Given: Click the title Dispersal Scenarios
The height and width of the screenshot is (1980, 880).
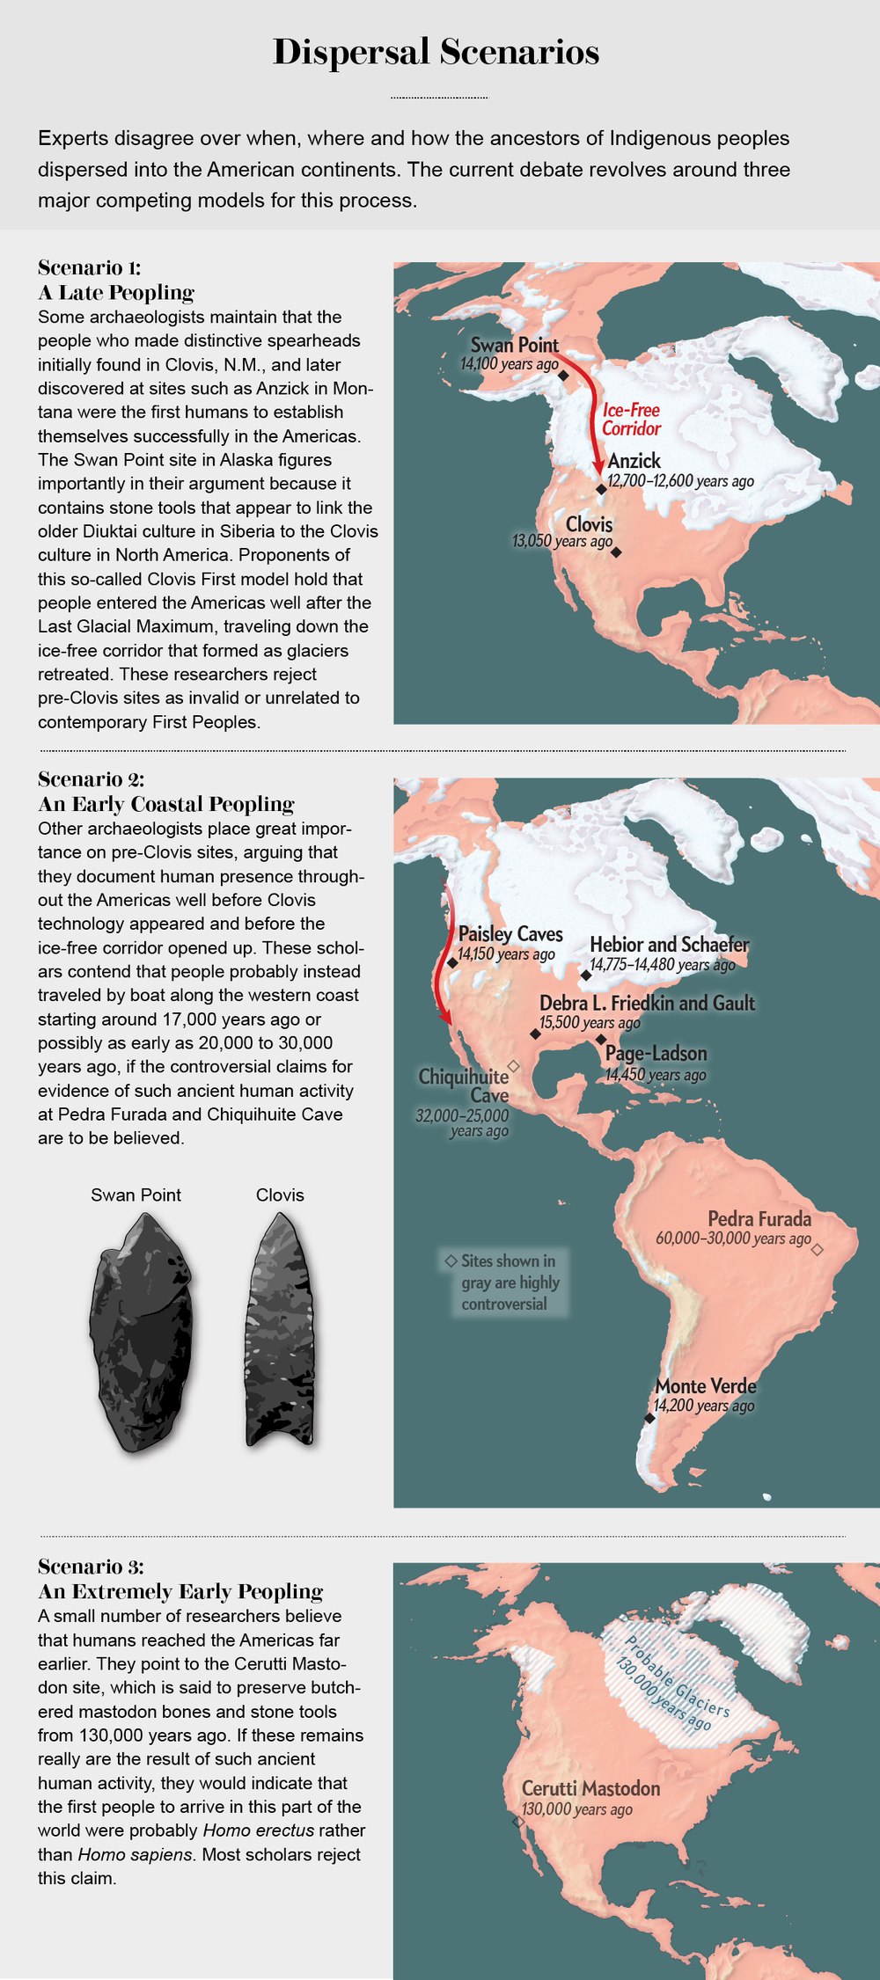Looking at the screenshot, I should [x=436, y=53].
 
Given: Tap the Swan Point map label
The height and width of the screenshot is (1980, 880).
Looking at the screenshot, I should [x=514, y=345].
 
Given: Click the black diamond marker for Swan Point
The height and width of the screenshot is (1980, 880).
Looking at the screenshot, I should [x=563, y=376].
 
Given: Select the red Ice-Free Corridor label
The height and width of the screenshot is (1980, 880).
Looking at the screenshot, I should [x=631, y=420].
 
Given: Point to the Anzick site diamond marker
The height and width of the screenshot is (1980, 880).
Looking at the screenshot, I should [x=601, y=489].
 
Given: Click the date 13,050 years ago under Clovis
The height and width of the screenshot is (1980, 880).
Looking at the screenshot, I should [x=561, y=541].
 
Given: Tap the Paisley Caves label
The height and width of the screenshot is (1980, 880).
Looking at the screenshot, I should [x=510, y=934].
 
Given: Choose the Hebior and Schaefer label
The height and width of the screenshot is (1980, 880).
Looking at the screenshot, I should [x=669, y=945].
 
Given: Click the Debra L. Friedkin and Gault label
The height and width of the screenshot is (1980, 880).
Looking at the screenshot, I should [x=647, y=1003].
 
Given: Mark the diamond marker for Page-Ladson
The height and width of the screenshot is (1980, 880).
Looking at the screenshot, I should [x=601, y=1039].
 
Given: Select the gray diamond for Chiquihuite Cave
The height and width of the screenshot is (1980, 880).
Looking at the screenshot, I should [x=515, y=1066].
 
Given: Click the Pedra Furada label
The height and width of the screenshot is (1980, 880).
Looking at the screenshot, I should [x=759, y=1219].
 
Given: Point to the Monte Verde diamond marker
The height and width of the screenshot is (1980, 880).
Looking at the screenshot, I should [x=649, y=1418].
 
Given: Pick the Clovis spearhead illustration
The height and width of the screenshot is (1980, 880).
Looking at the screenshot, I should [x=279, y=1329].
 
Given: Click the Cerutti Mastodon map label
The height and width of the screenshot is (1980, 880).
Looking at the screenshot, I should [x=590, y=1788].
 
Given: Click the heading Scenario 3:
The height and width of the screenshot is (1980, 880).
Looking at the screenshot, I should [x=91, y=1566].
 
